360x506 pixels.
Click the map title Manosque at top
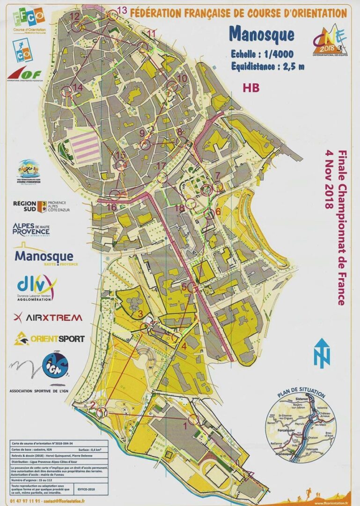[x=262, y=35]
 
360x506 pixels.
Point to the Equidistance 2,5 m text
[x=267, y=66]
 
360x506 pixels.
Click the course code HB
[x=251, y=87]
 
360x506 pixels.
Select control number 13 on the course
[x=122, y=10]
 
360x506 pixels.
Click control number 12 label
[x=75, y=16]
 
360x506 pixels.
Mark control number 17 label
[x=161, y=166]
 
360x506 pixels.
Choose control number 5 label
[x=184, y=286]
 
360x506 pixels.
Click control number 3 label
[x=139, y=313]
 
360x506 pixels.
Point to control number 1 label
[x=184, y=425]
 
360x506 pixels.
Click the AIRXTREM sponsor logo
[x=48, y=317]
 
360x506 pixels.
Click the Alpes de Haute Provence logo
[x=31, y=229]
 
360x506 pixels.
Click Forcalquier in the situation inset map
[x=285, y=427]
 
